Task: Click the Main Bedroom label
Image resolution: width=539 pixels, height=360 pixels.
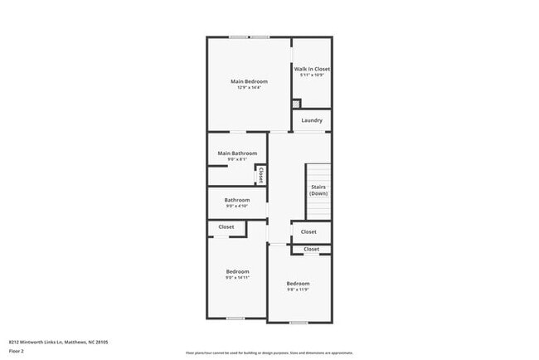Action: [x=249, y=80]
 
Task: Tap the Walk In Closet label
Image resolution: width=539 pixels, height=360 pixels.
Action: [x=312, y=69]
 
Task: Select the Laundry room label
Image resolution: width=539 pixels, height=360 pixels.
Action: [x=312, y=120]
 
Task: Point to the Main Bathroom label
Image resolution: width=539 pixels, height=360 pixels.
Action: [x=237, y=153]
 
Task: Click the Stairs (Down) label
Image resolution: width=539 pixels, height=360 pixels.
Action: [x=318, y=190]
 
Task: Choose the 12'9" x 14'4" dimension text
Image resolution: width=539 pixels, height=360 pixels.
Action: [x=249, y=87]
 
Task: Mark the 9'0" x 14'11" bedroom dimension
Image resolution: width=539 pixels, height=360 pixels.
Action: [x=237, y=278]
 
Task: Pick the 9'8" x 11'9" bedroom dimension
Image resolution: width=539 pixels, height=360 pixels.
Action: [x=298, y=289]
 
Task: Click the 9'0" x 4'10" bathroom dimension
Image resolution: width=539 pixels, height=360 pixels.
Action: [x=237, y=207]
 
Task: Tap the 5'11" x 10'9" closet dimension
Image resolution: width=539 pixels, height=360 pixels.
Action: [x=312, y=75]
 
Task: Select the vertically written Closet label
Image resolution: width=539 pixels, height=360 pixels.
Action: [x=260, y=175]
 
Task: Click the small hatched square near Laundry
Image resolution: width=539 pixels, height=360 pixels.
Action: [x=295, y=104]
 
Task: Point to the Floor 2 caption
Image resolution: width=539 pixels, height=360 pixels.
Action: [x=17, y=351]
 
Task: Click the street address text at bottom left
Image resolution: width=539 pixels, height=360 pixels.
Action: [x=58, y=341]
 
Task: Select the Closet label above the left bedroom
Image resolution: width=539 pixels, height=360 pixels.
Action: [x=226, y=226]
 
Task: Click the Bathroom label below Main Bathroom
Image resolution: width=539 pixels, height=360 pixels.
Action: [x=237, y=200]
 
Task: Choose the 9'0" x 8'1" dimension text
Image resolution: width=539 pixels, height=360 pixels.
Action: [x=237, y=159]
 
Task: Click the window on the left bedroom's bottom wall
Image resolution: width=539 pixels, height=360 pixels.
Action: [x=236, y=318]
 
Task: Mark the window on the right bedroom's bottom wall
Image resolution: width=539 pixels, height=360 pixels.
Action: [x=299, y=322]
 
